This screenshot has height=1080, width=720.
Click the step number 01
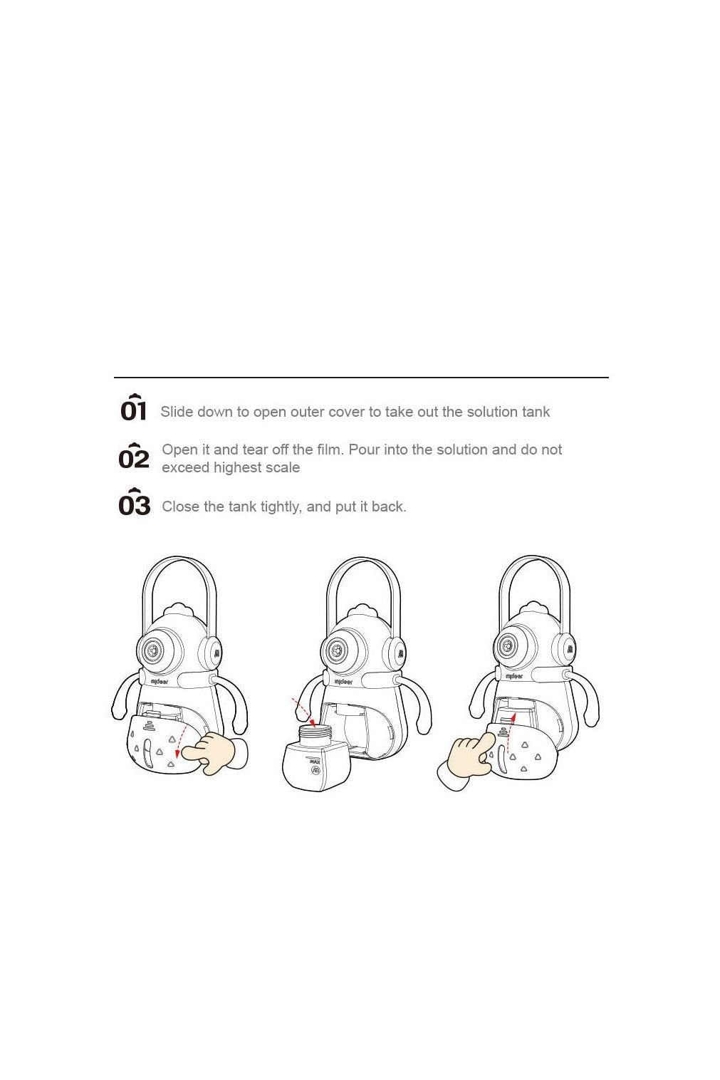coord(133,408)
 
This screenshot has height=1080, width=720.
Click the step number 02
coord(134,456)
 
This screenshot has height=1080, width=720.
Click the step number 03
coord(135,502)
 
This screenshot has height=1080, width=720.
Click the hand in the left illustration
coord(212,753)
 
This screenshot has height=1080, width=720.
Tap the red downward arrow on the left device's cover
coord(182,737)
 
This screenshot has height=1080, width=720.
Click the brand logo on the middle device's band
coord(343,682)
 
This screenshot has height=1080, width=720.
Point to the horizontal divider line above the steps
coord(362,378)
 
